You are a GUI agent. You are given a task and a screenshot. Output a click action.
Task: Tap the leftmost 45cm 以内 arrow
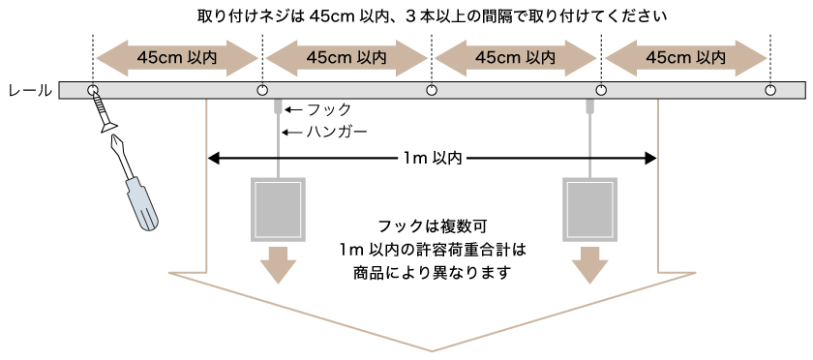pyautogui.click(x=177, y=57)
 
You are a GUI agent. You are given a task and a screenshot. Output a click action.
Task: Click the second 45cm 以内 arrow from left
pyautogui.click(x=346, y=57)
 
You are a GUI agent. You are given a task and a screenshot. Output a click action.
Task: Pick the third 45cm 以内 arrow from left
pyautogui.click(x=516, y=57)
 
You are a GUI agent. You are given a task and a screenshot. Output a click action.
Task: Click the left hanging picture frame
pyautogui.click(x=279, y=208)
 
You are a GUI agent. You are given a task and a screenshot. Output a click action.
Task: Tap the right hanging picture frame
pyautogui.click(x=590, y=208)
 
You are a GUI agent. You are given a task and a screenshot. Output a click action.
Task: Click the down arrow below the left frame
pyautogui.click(x=279, y=263)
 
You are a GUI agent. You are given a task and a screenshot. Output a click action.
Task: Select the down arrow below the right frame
pyautogui.click(x=590, y=263)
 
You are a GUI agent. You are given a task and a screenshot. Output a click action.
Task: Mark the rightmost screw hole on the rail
pyautogui.click(x=770, y=90)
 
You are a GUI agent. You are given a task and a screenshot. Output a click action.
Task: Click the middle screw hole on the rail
pyautogui.click(x=432, y=90)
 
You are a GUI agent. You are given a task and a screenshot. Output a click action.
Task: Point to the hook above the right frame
pyautogui.click(x=590, y=105)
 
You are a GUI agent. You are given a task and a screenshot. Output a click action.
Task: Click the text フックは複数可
pyautogui.click(x=433, y=225)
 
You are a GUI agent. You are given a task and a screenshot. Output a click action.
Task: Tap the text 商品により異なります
pyautogui.click(x=433, y=273)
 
